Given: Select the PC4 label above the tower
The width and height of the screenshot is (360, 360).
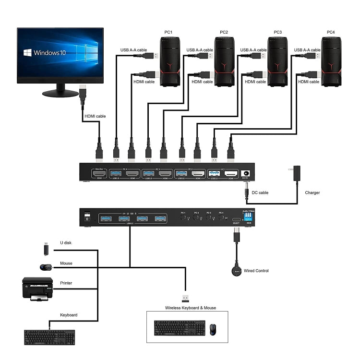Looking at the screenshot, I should point(331,32).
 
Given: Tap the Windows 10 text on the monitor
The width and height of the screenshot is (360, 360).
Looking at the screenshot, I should point(50,53).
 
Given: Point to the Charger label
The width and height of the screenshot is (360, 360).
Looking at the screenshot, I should point(312,193).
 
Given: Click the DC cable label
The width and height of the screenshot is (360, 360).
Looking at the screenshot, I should point(261,193).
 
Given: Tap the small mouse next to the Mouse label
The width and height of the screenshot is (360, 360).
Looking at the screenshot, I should point(46,267).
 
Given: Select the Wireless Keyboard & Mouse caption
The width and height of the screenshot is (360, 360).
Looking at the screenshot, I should point(191,308).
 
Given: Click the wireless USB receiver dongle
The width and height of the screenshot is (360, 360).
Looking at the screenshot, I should point(184,298).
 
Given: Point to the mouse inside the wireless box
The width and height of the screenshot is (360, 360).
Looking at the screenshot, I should point(213,329).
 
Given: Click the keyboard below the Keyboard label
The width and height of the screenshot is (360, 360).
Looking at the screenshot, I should point(49,337).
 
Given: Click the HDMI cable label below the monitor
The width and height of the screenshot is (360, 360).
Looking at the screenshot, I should point(95,116).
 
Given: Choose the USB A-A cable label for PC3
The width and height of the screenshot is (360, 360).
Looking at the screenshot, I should point(253,50).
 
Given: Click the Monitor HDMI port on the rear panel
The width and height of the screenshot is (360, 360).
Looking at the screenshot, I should point(99,174).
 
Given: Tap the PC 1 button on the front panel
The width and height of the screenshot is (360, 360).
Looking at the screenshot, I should point(183,217).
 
